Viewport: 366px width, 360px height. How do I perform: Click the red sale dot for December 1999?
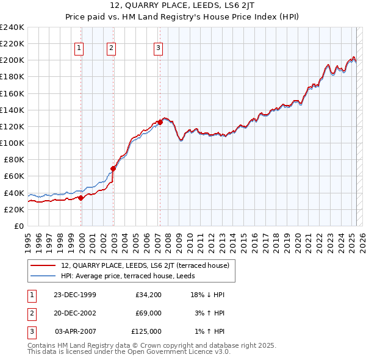coord(81,198)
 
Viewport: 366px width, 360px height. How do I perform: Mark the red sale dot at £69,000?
coord(113,168)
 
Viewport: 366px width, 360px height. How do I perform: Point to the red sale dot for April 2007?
coord(160,122)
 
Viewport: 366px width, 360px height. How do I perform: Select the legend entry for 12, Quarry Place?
coord(145,265)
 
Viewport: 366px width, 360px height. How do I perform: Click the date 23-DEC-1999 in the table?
coord(75,295)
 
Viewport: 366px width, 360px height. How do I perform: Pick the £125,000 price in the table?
coord(146,331)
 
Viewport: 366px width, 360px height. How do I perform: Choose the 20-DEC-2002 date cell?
coord(75,314)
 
